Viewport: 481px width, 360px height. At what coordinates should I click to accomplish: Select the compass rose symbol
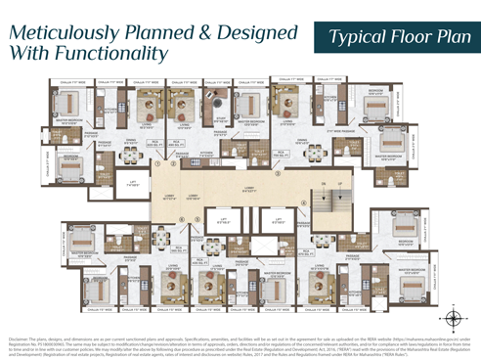point(452,317)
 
